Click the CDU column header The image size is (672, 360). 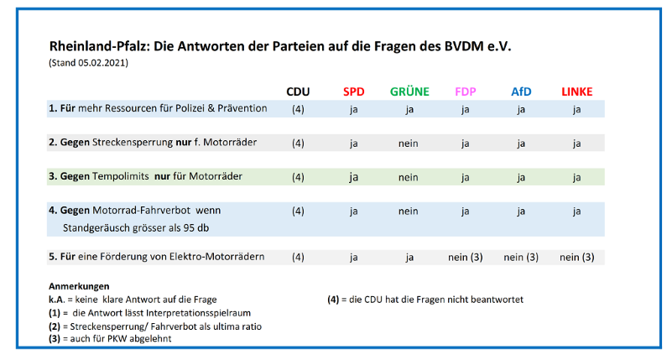298,91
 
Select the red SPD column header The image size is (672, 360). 354,91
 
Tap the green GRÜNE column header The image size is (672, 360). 409,91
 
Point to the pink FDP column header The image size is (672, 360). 466,91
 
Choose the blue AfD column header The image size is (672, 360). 521,91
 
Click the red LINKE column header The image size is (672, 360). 576,91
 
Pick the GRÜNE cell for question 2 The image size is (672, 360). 409,143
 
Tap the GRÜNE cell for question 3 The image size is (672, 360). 409,177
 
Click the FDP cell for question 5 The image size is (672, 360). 466,257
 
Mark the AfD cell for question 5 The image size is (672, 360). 521,257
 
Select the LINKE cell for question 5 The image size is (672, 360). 576,257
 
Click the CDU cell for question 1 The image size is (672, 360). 298,109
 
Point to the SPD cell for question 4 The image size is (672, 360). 354,211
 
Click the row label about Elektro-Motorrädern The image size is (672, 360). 157,257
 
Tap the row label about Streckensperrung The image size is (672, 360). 152,143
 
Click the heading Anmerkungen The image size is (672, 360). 79,286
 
